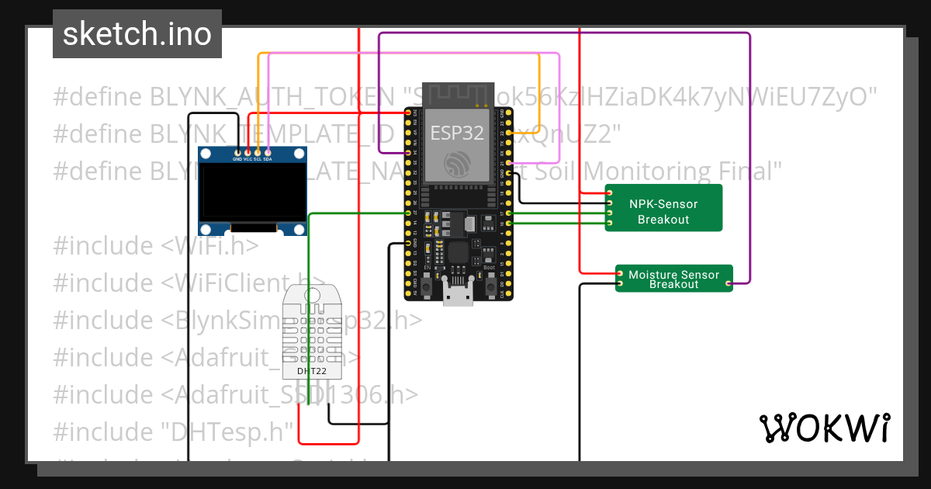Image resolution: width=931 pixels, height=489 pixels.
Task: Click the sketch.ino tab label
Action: pyautogui.click(x=137, y=34)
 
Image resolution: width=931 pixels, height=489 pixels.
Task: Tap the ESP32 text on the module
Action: pyautogui.click(x=457, y=133)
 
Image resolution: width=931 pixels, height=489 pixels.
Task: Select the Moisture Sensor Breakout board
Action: pyautogui.click(x=673, y=279)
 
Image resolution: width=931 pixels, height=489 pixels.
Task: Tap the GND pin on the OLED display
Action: pyautogui.click(x=237, y=151)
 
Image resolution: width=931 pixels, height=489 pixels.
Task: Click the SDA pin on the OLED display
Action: pyautogui.click(x=268, y=151)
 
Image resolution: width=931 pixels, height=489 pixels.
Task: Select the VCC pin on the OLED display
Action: pyautogui.click(x=247, y=151)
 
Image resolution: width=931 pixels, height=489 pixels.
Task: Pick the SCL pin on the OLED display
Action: pyautogui.click(x=258, y=151)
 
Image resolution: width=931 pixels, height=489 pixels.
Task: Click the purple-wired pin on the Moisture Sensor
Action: pyautogui.click(x=729, y=284)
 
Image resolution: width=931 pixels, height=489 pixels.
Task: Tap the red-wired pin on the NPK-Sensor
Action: pyautogui.click(x=610, y=192)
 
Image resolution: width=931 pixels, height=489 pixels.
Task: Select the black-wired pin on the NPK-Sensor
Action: pyautogui.click(x=610, y=203)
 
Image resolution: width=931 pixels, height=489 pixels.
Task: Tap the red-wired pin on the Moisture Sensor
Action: pyautogui.click(x=620, y=274)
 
